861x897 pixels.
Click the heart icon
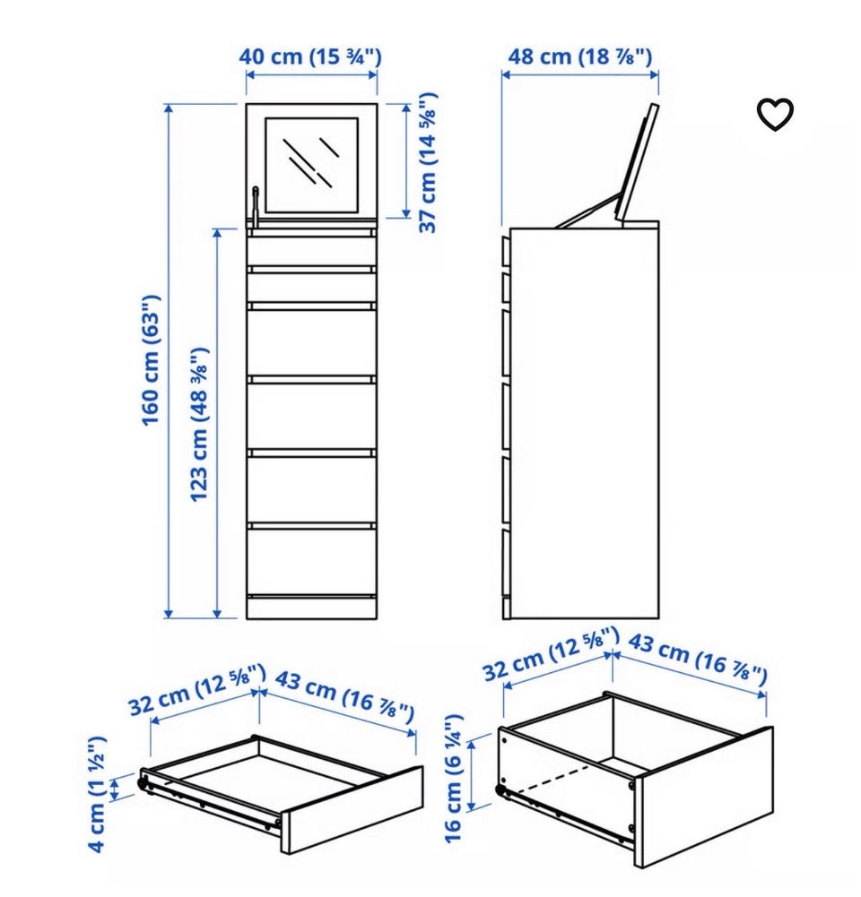776,115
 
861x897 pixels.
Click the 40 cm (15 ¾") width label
309,56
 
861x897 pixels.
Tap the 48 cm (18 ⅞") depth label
580,56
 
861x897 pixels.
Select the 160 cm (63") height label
151,360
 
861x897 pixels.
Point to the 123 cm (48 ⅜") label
200,425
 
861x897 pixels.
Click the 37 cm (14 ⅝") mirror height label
429,162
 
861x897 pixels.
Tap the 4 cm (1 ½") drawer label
98,794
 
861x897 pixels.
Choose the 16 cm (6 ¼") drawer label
454,779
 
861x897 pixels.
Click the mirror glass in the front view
312,165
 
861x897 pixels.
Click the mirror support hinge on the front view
256,208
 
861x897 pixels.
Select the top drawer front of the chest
312,251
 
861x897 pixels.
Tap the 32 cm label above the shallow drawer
197,690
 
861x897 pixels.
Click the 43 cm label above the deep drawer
698,660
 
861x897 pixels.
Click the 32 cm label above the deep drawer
552,654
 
